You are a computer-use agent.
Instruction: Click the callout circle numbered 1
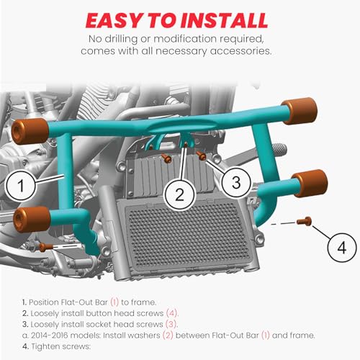pyautogui.click(x=21, y=186)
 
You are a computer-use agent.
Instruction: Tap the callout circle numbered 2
pyautogui.click(x=180, y=194)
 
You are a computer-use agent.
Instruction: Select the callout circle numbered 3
pyautogui.click(x=236, y=182)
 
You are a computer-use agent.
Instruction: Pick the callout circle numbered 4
pyautogui.click(x=342, y=248)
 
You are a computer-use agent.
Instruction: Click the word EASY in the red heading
pyautogui.click(x=115, y=21)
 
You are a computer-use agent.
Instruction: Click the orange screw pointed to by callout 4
pyautogui.click(x=305, y=221)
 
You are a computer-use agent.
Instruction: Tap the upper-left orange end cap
pyautogui.click(x=30, y=131)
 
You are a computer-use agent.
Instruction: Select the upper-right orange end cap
pyautogui.click(x=300, y=111)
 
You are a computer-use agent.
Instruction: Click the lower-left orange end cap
pyautogui.click(x=32, y=220)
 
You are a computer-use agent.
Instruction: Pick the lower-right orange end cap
pyautogui.click(x=310, y=183)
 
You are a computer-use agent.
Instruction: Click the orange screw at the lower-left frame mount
pyautogui.click(x=45, y=247)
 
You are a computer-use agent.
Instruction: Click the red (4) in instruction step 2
pyautogui.click(x=172, y=313)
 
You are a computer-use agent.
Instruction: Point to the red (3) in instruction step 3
pyautogui.click(x=171, y=324)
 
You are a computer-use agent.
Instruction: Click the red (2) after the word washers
pyautogui.click(x=168, y=336)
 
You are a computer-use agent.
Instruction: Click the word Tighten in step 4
pyautogui.click(x=45, y=346)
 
